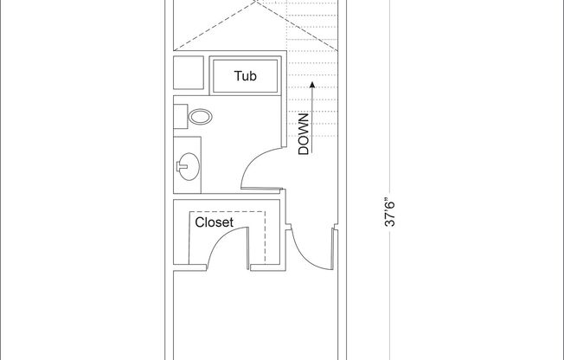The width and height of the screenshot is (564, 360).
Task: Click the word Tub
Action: (x=246, y=76)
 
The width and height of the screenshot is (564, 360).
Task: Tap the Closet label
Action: (x=214, y=222)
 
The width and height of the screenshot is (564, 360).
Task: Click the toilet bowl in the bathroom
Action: (x=201, y=116)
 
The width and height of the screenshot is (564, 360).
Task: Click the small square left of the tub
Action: (x=188, y=76)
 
